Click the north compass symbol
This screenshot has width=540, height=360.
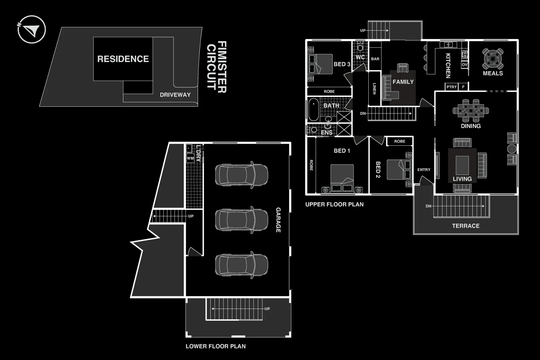31,29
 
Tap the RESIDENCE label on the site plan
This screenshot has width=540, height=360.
123,59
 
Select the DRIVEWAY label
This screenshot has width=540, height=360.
175,95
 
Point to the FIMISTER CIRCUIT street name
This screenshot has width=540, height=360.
217,67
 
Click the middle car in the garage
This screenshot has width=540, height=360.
241,220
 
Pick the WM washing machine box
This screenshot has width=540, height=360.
190,158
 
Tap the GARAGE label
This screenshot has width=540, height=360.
278,220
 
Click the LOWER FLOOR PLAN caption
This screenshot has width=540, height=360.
216,346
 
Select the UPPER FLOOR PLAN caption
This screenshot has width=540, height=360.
334,204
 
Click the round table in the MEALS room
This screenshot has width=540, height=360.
493,59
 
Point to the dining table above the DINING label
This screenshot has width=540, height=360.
471,110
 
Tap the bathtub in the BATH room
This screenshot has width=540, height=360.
313,110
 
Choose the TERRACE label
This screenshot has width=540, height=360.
466,226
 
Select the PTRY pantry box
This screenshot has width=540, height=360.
452,87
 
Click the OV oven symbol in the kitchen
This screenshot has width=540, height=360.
464,65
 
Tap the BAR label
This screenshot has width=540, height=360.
375,59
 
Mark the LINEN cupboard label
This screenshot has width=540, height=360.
374,89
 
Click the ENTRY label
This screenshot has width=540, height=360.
424,170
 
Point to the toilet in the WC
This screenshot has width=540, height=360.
360,47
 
